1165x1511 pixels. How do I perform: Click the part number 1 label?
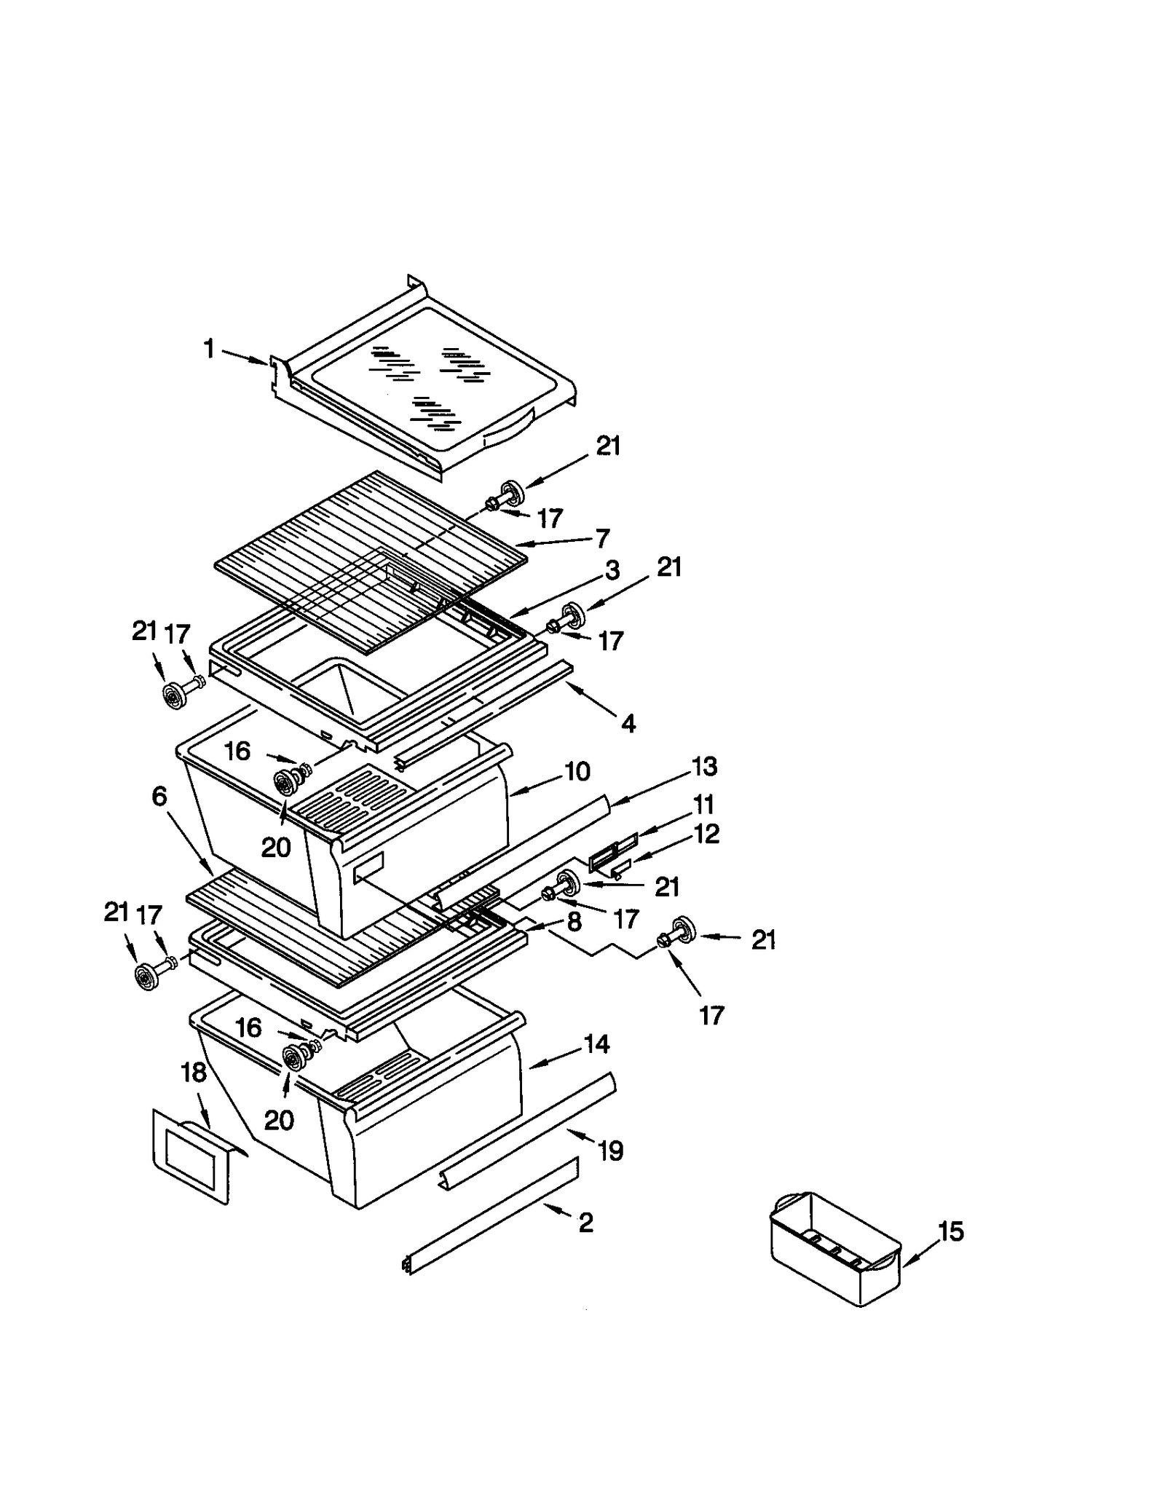click(x=209, y=349)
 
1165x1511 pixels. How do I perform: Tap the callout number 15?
click(x=950, y=1232)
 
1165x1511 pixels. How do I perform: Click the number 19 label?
click(x=610, y=1151)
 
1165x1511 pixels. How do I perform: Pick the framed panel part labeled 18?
click(x=191, y=1158)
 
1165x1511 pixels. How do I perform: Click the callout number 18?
click(x=194, y=1073)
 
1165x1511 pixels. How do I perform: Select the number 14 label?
click(x=596, y=1044)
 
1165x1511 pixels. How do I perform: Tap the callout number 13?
click(x=704, y=766)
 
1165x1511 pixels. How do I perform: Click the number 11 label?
click(x=703, y=805)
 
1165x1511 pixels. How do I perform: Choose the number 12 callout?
click(x=706, y=834)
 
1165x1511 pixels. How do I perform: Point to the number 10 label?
click(x=577, y=772)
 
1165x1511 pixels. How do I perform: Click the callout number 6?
click(x=159, y=797)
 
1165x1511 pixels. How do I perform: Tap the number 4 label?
click(x=628, y=723)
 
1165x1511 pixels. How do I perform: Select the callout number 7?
click(x=602, y=538)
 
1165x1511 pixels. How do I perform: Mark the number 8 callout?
click(x=574, y=922)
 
